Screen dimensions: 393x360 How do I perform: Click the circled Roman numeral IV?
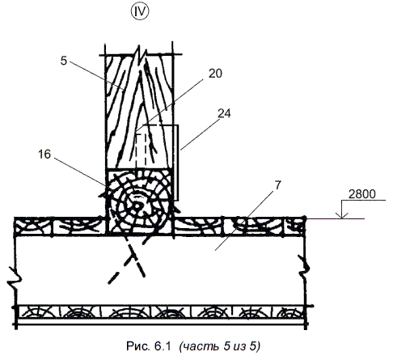(140, 12)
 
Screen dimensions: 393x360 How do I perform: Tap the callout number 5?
(64, 61)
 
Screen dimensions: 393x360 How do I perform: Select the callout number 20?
(215, 74)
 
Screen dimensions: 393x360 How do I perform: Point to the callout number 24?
(224, 113)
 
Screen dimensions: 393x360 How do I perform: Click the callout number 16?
(44, 155)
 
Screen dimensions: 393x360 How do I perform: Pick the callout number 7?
(277, 185)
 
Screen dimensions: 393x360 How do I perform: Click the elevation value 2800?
(361, 194)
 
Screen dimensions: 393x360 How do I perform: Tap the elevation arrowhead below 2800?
(342, 215)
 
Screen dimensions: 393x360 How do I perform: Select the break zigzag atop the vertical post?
(140, 56)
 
